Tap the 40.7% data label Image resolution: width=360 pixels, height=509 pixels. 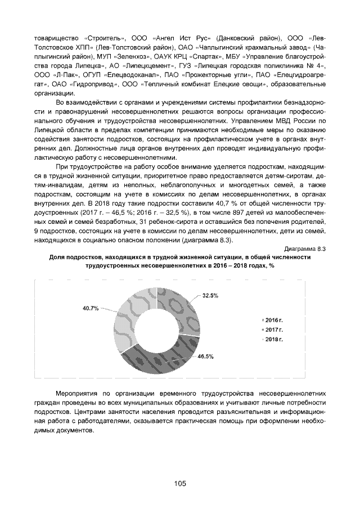[x=91, y=308]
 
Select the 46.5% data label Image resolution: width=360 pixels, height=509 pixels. [x=205, y=357]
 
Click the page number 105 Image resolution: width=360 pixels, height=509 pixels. [x=179, y=483]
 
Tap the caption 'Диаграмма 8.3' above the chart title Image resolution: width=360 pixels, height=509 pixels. [x=305, y=247]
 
